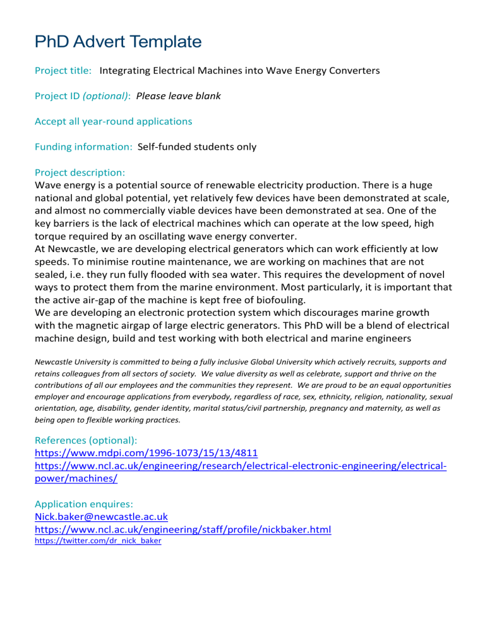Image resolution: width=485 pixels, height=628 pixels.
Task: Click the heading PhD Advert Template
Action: coord(118,42)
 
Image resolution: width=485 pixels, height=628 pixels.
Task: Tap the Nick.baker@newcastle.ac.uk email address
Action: coord(101,517)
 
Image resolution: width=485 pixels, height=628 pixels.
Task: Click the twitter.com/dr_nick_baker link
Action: coord(98,541)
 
